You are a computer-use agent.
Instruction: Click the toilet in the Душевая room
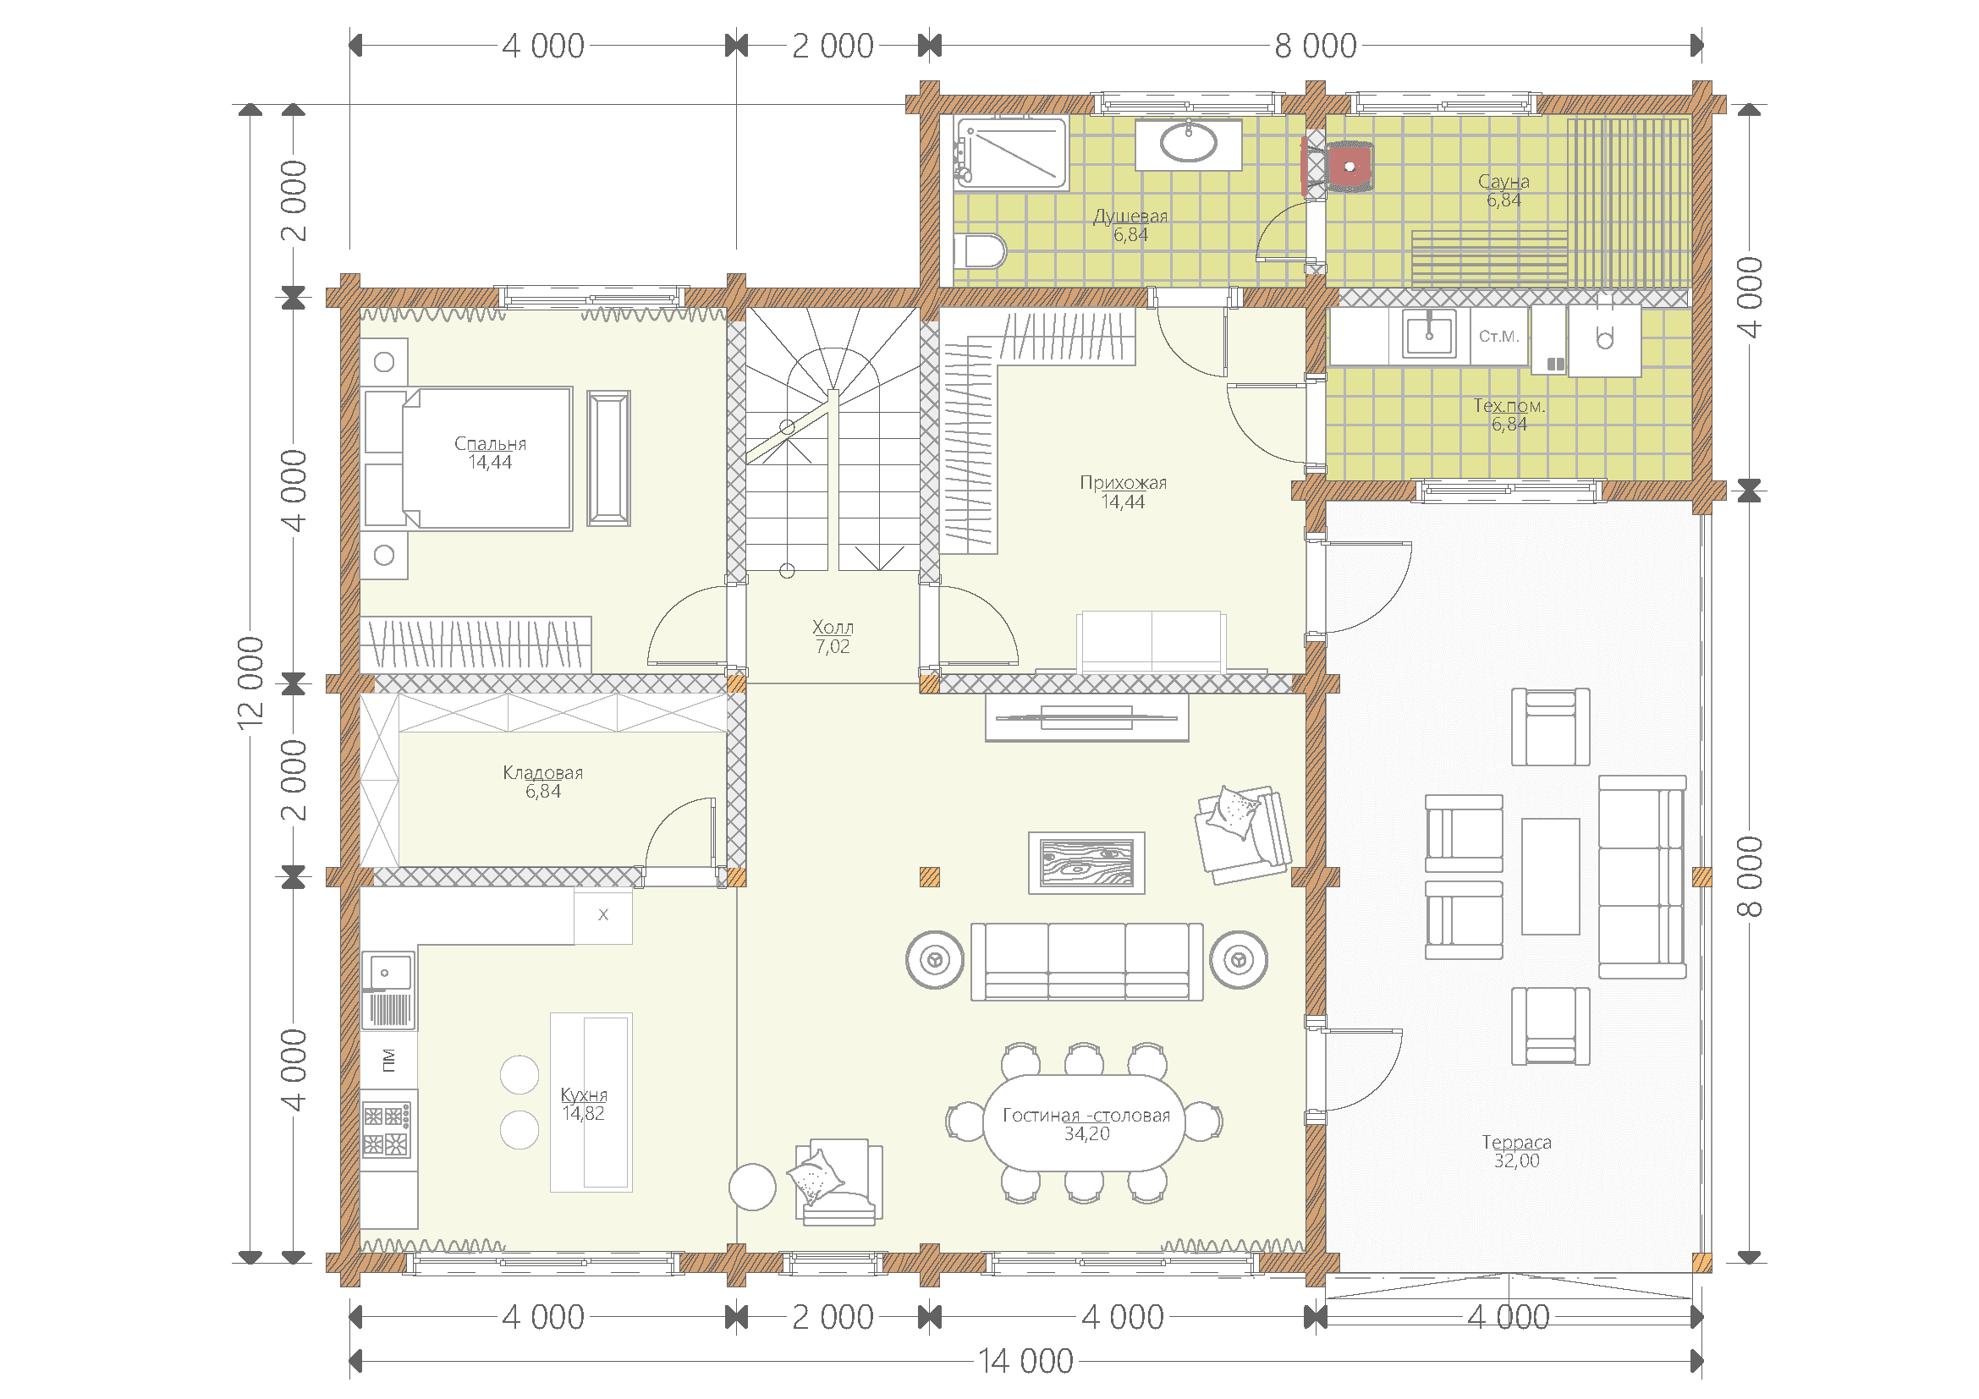point(980,251)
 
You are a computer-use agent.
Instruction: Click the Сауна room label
point(1503,182)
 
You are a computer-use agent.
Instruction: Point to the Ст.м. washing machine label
point(1499,336)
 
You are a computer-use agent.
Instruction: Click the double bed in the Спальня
point(468,458)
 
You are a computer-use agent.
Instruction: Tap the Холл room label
point(833,627)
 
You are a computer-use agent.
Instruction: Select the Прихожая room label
point(1123,483)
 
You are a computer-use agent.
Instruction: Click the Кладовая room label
point(543,773)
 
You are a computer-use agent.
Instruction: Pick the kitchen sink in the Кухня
point(388,990)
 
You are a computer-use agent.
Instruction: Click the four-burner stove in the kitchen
point(386,1129)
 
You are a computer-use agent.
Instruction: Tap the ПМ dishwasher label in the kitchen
point(388,1061)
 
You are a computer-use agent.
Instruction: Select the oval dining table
point(1086,1122)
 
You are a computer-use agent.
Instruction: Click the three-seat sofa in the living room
point(1087,962)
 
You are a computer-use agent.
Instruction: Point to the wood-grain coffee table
point(1087,862)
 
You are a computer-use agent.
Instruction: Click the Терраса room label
point(1516,1142)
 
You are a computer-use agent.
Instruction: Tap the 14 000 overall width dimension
point(1025,1361)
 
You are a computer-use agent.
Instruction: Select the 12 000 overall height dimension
point(250,683)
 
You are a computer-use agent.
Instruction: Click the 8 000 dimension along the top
point(1316,46)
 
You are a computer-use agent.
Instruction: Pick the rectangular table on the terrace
point(1551,876)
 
